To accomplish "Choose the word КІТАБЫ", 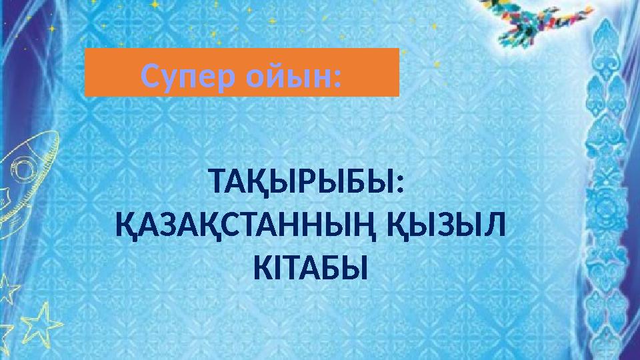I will coord(311,268).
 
